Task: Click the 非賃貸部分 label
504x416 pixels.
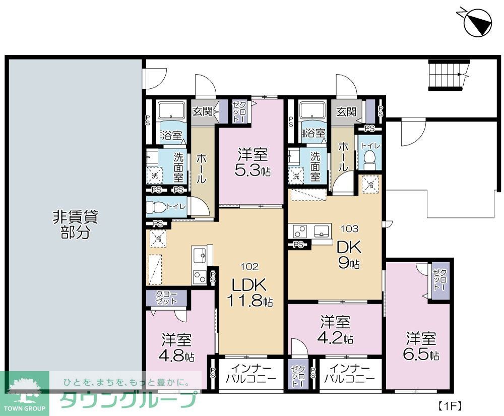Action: pos(75,224)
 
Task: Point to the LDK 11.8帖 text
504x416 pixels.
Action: pos(251,292)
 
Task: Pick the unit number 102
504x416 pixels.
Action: pos(250,266)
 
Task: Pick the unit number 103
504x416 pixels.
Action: pos(350,228)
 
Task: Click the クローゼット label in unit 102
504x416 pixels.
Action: pos(166,298)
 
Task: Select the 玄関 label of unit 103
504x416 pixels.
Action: pos(346,111)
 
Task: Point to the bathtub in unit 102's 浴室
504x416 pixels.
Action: pos(171,111)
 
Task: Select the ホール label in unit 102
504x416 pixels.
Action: pos(200,169)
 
